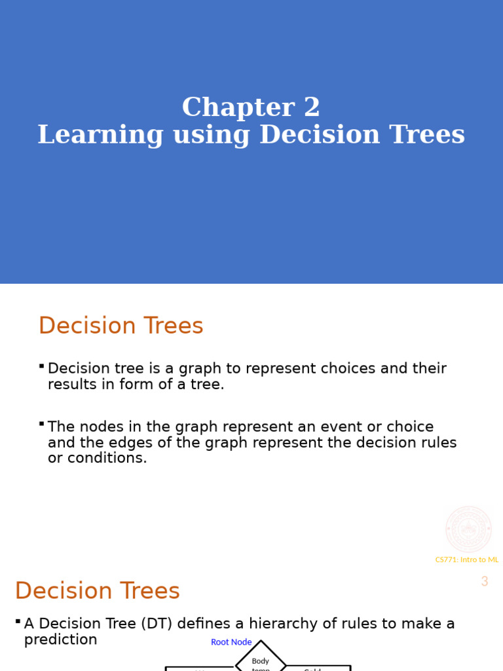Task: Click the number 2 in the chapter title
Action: (312, 108)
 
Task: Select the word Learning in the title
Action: (100, 135)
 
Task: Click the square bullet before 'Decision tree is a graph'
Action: (41, 366)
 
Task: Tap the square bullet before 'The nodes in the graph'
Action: (41, 424)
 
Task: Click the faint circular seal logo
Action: (468, 529)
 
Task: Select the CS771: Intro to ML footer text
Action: (467, 560)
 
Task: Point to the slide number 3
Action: (485, 581)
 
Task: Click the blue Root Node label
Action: (231, 642)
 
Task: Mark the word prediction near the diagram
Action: (60, 640)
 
